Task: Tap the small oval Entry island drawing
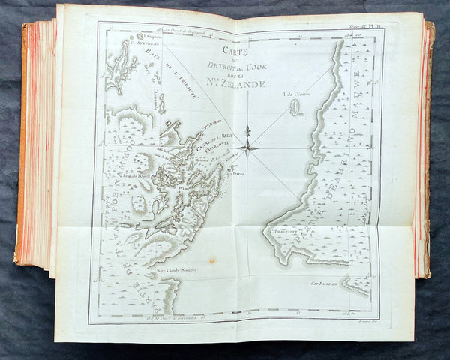(x=295, y=113)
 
